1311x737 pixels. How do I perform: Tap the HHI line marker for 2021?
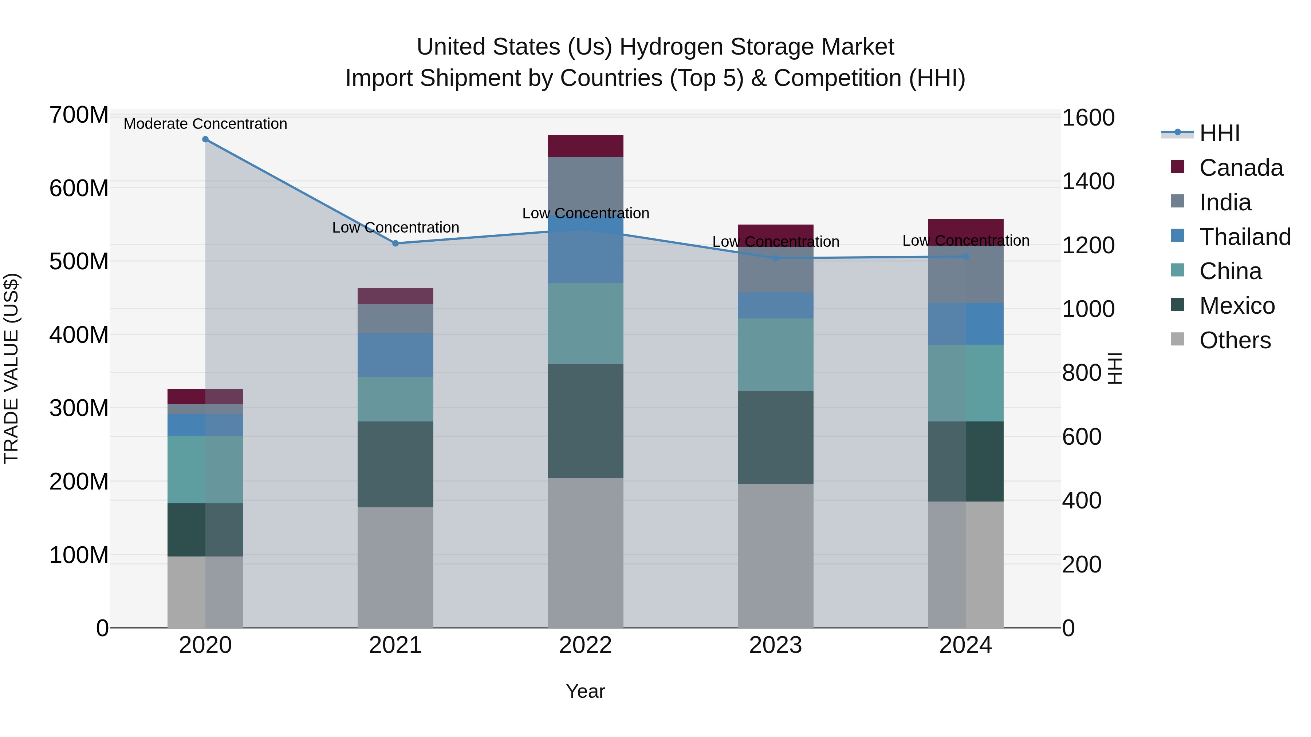click(395, 243)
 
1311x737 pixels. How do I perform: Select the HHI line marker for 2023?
click(776, 258)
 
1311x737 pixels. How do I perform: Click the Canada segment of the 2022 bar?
click(585, 146)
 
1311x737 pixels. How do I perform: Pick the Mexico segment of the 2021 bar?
click(395, 464)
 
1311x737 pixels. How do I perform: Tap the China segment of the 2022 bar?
click(585, 324)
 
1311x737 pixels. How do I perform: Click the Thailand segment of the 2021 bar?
click(395, 355)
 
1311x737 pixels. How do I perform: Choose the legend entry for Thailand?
click(1244, 237)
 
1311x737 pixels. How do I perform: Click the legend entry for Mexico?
click(1237, 306)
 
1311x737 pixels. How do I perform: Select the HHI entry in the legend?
click(1219, 133)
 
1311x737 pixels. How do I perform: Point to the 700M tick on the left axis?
click(79, 115)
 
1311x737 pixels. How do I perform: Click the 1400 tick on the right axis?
click(1088, 182)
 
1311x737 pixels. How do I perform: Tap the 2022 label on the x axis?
click(585, 645)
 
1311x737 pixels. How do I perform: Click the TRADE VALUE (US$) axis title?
click(11, 368)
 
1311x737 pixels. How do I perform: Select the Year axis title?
click(585, 691)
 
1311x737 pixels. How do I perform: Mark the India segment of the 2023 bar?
click(776, 270)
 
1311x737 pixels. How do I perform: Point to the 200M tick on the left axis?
click(79, 482)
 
